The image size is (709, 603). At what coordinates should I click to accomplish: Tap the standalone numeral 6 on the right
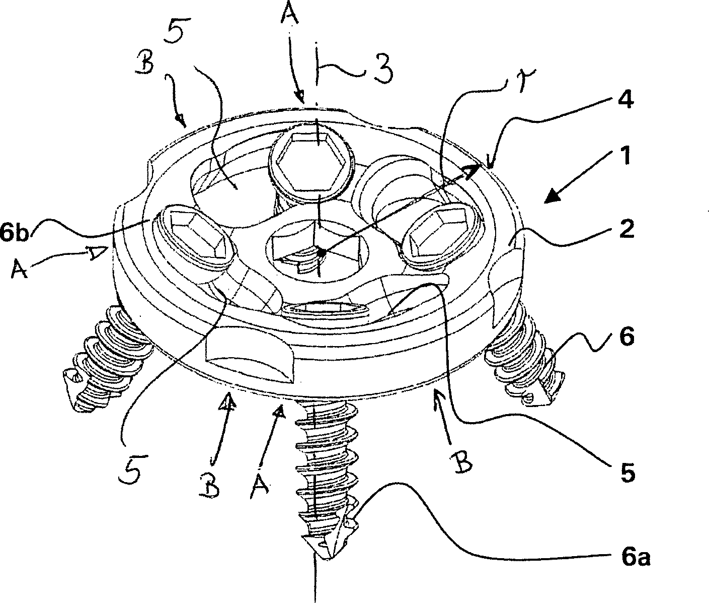(x=626, y=336)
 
